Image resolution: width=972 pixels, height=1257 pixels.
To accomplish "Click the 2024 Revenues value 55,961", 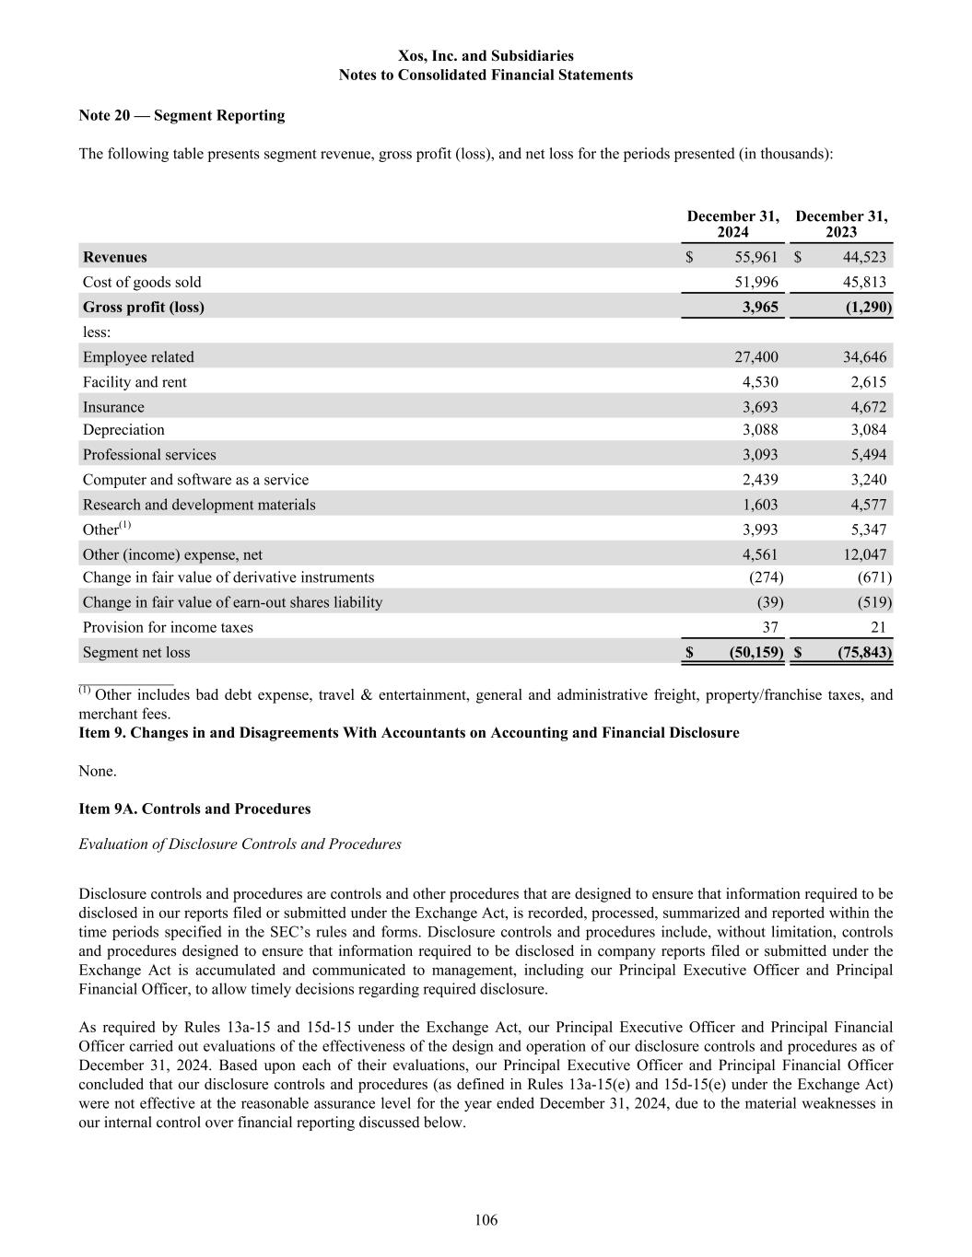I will (x=755, y=257).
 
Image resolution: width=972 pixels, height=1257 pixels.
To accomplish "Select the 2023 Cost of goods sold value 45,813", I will (x=864, y=282).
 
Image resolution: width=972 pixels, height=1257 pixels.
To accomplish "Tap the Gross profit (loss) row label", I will (x=144, y=307).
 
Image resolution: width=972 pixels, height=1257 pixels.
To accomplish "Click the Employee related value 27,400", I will (x=759, y=356).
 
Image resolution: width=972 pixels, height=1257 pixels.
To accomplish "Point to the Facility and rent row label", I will (x=135, y=381).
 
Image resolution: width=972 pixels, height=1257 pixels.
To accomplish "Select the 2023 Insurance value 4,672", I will (x=868, y=406).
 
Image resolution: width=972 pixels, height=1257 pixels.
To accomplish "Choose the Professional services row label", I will (x=149, y=454).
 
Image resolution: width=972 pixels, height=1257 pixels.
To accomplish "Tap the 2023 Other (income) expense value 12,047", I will (x=864, y=553).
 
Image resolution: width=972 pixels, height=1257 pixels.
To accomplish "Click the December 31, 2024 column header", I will (x=732, y=224).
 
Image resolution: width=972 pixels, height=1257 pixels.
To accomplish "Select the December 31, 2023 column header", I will (x=841, y=224).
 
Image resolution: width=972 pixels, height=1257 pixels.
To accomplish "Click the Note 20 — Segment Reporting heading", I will (x=182, y=115).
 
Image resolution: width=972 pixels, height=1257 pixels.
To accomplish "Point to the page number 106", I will (x=486, y=1220).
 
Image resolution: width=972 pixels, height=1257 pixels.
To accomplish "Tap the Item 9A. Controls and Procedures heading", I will (x=194, y=809).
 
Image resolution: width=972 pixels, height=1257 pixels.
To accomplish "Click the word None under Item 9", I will (x=98, y=770).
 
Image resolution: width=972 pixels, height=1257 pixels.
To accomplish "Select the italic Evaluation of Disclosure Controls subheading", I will (x=240, y=844).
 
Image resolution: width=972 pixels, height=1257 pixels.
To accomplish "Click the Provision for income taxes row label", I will (x=168, y=627).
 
